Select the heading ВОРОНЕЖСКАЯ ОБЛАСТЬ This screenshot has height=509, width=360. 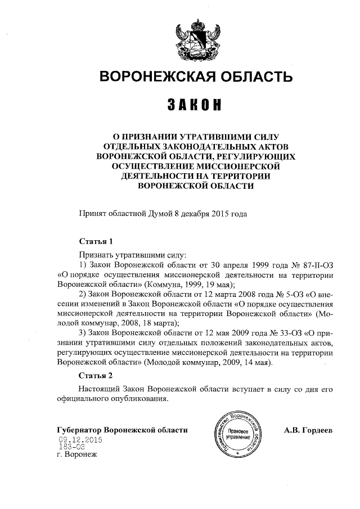(x=196, y=76)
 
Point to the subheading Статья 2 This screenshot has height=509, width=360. (x=96, y=375)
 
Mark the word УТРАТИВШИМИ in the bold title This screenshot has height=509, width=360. (x=216, y=136)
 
